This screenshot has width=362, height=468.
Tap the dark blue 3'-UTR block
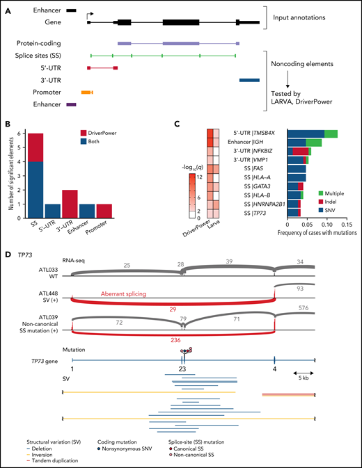tap(249, 80)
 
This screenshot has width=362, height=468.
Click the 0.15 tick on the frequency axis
tap(346, 225)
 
